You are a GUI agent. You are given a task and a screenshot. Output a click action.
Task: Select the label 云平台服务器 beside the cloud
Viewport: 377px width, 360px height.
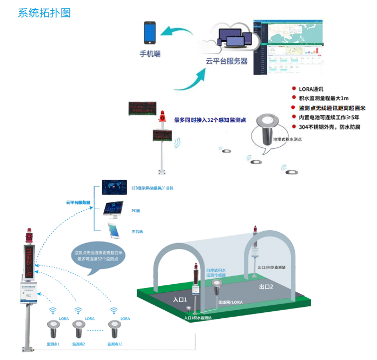(x=227, y=61)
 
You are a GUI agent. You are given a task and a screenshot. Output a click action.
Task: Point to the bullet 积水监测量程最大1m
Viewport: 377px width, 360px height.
(x=323, y=98)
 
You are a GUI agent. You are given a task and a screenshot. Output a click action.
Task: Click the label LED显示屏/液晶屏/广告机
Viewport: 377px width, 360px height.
(x=152, y=188)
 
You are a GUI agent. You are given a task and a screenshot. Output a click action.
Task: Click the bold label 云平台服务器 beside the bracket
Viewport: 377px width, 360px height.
(x=78, y=203)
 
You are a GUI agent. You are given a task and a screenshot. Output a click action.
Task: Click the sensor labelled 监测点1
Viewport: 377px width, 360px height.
(x=52, y=330)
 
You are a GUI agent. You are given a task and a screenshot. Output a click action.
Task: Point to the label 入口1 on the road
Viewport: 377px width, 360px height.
(x=180, y=299)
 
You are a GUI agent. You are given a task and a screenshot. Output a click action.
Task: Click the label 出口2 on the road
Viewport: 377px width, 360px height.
(x=266, y=287)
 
